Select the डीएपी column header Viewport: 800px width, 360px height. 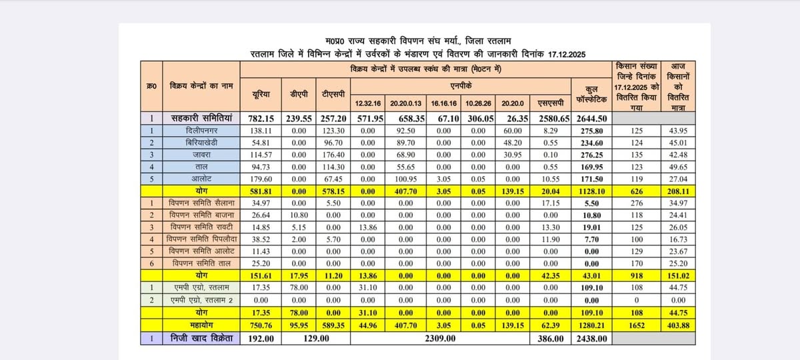(295, 95)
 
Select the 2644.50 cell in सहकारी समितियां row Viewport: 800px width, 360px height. (590, 120)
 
